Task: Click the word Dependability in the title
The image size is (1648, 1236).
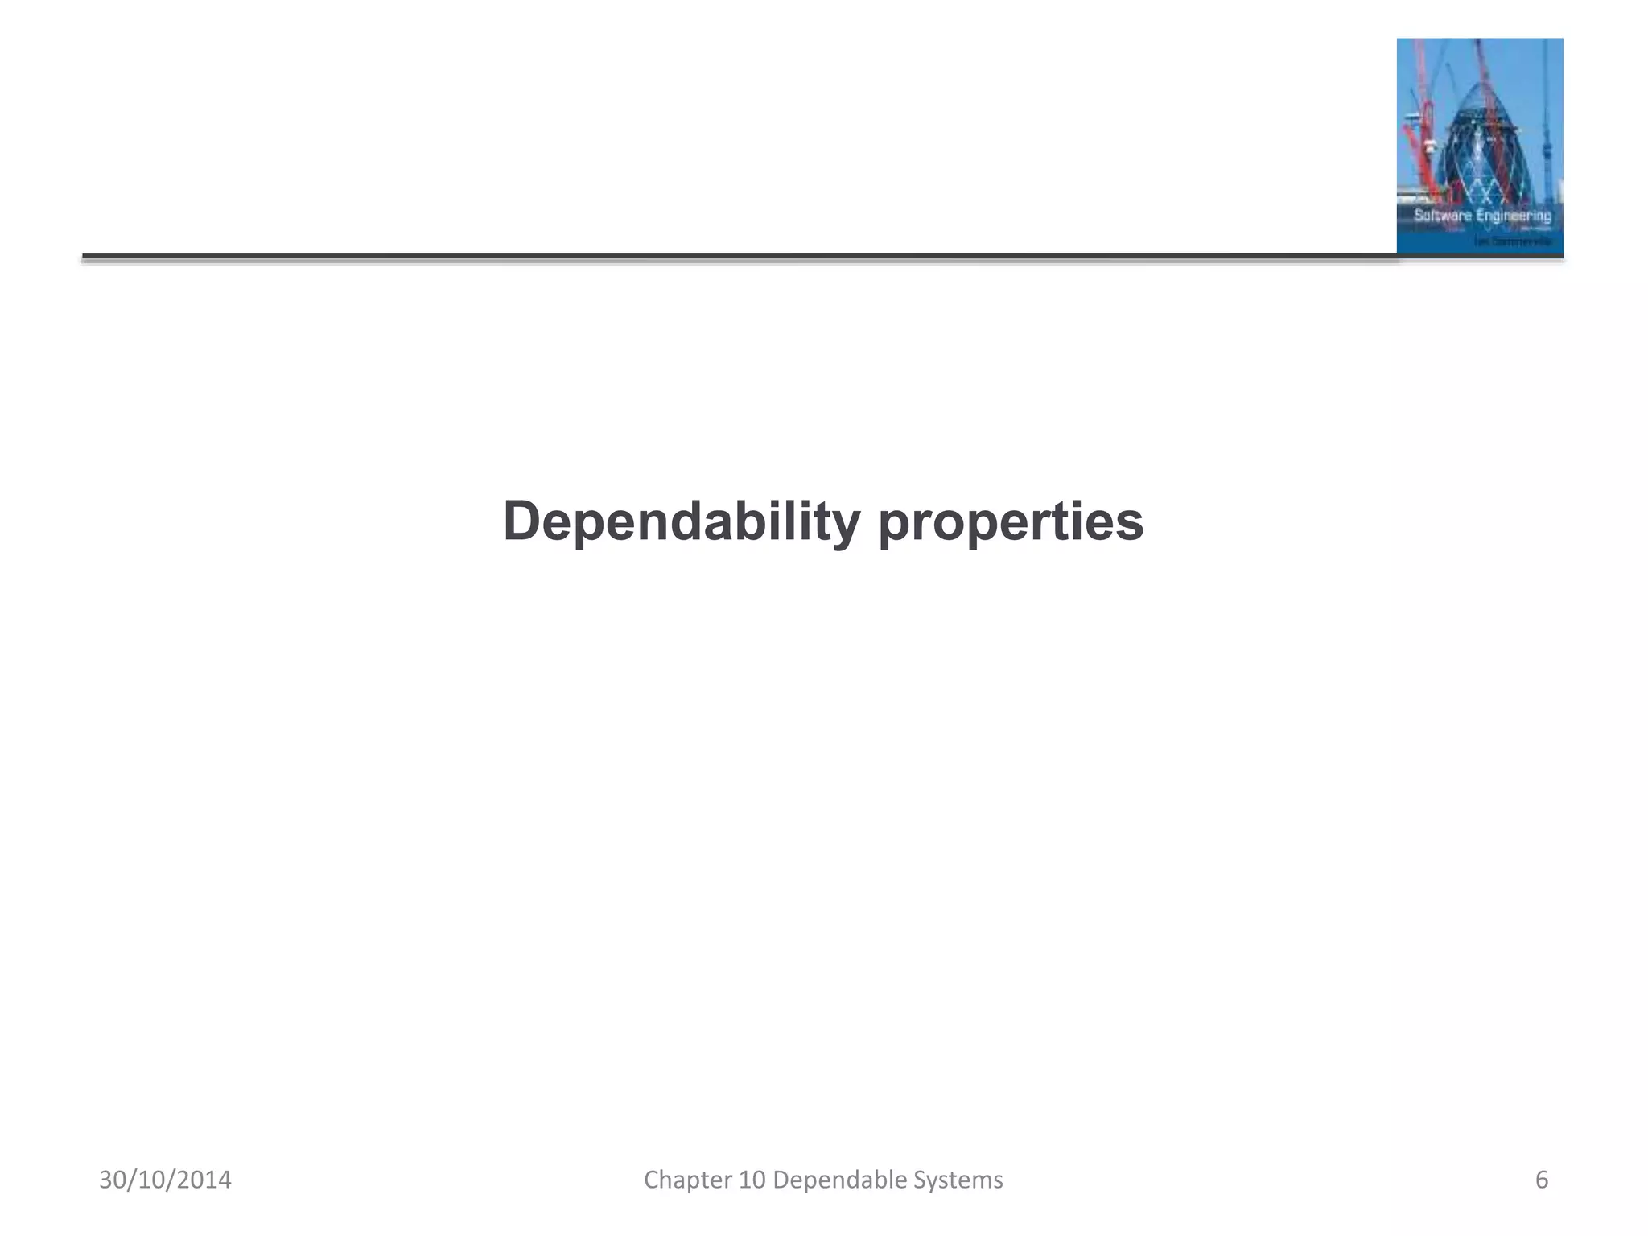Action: [682, 521]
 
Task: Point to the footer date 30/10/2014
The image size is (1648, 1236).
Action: [165, 1180]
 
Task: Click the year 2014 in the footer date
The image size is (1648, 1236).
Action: [204, 1180]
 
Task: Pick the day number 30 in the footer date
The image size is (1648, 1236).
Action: [113, 1180]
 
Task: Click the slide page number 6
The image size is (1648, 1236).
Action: [1542, 1180]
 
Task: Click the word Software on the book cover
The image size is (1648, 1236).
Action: [1442, 216]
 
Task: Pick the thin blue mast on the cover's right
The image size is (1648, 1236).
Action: [1547, 121]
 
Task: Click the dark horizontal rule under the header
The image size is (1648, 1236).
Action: [724, 257]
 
